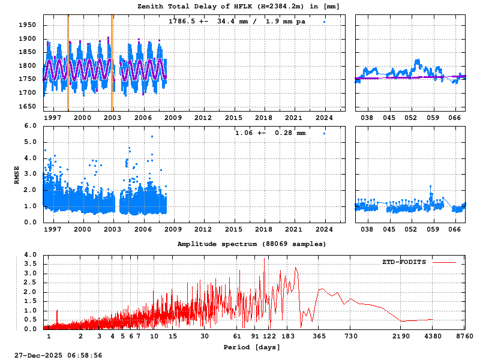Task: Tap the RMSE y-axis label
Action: [x=17, y=174]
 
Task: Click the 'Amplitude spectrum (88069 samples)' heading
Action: [x=251, y=244]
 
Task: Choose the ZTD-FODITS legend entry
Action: [x=404, y=262]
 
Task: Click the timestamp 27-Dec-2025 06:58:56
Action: [x=58, y=356]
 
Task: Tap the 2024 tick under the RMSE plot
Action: [x=325, y=229]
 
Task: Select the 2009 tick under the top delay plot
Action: [x=173, y=118]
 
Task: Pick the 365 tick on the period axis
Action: [x=320, y=337]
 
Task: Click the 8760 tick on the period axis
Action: [x=465, y=337]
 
